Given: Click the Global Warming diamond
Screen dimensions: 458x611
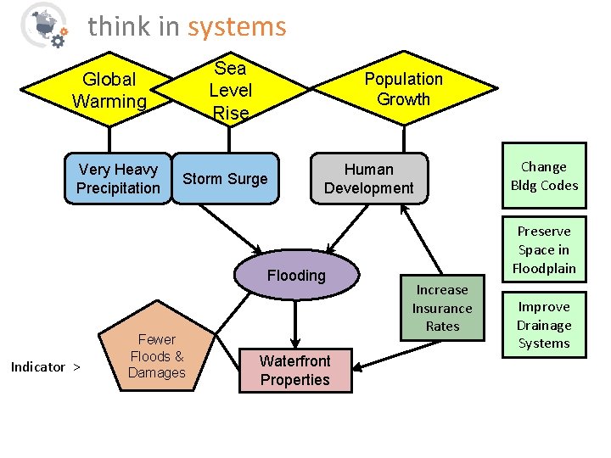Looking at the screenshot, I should pyautogui.click(x=109, y=90).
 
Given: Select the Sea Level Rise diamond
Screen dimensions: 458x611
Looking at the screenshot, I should pyautogui.click(x=230, y=90).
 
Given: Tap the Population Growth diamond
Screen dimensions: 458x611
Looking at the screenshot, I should pyautogui.click(x=403, y=88).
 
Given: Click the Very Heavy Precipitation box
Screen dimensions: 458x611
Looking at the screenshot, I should pyautogui.click(x=118, y=179).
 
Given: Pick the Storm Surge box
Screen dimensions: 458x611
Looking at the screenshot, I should pyautogui.click(x=225, y=179).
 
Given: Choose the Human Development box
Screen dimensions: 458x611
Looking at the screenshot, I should pyautogui.click(x=369, y=179).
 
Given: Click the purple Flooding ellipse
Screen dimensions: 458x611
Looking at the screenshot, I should pyautogui.click(x=295, y=275).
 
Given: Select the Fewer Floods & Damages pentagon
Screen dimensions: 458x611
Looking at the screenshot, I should pyautogui.click(x=157, y=355).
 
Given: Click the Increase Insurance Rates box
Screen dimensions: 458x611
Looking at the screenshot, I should pyautogui.click(x=442, y=308).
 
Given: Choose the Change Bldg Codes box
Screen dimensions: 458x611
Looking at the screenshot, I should pyautogui.click(x=544, y=176).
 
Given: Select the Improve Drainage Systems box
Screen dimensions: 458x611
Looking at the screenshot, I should pyautogui.click(x=544, y=325).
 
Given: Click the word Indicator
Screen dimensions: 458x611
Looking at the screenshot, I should pyautogui.click(x=37, y=367).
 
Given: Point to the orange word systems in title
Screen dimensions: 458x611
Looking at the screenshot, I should pyautogui.click(x=237, y=27).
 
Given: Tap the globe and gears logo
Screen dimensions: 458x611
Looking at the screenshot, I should pyautogui.click(x=43, y=25).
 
